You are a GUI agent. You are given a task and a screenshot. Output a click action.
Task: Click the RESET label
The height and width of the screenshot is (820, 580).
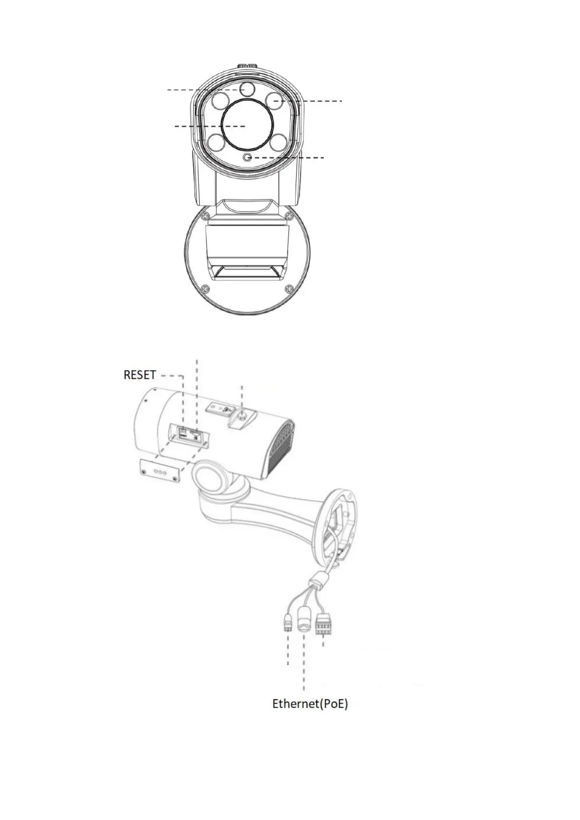(140, 375)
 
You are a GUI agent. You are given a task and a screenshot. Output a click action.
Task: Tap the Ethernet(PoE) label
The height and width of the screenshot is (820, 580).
(310, 704)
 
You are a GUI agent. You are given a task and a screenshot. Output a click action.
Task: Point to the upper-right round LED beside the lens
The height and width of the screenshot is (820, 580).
(274, 100)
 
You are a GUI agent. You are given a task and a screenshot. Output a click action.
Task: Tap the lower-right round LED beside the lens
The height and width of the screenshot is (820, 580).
(277, 144)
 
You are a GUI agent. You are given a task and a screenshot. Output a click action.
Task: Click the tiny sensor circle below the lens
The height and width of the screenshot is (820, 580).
(248, 157)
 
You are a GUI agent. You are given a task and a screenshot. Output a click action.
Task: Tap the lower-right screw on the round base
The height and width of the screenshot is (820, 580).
(290, 289)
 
